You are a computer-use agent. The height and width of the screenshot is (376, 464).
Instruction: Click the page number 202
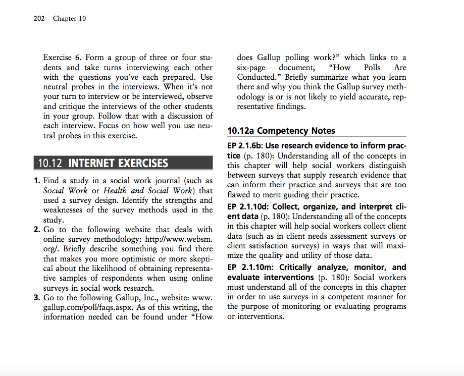(x=39, y=19)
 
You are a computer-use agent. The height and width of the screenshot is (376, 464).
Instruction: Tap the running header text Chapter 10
(x=69, y=19)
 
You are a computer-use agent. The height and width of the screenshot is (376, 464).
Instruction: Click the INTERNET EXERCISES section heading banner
(x=118, y=163)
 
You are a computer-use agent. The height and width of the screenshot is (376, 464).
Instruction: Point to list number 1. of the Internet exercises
(x=37, y=181)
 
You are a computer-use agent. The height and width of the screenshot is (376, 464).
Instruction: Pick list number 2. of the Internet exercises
(x=37, y=230)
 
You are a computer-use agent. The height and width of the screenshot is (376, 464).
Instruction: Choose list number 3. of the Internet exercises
(x=37, y=297)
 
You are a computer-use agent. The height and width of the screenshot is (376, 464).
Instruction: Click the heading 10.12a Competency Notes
(x=281, y=131)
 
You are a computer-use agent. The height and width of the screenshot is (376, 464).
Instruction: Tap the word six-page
(x=252, y=68)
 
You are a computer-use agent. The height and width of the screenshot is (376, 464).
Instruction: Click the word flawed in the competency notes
(x=239, y=195)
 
